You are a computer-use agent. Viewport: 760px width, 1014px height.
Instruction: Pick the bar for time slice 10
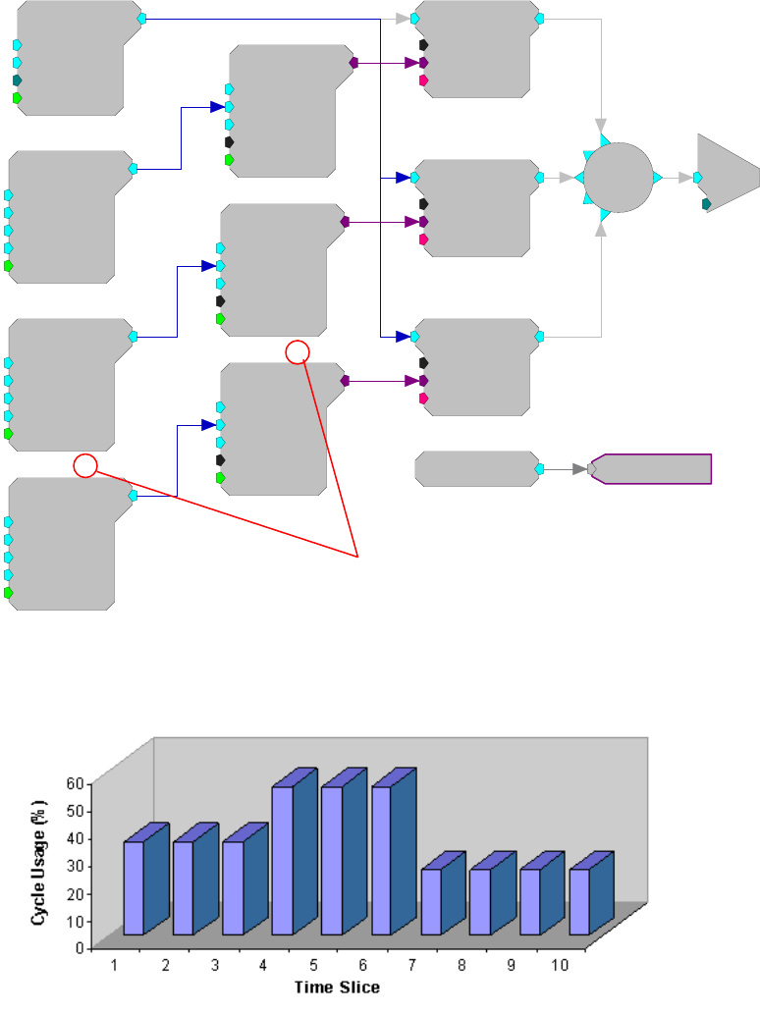(578, 900)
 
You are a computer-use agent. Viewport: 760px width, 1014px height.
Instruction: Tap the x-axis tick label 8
(461, 965)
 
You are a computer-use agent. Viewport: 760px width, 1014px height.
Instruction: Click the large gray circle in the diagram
(619, 178)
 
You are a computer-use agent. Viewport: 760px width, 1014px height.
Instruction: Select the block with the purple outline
(653, 469)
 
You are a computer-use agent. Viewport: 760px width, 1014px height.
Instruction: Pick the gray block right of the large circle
(727, 177)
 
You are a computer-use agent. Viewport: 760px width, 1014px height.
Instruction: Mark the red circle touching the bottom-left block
(85, 466)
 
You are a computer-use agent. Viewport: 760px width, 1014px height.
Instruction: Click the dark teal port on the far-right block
(707, 204)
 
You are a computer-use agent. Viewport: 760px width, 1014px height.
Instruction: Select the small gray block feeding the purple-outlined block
(475, 469)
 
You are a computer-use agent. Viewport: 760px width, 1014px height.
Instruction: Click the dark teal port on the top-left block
(17, 80)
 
